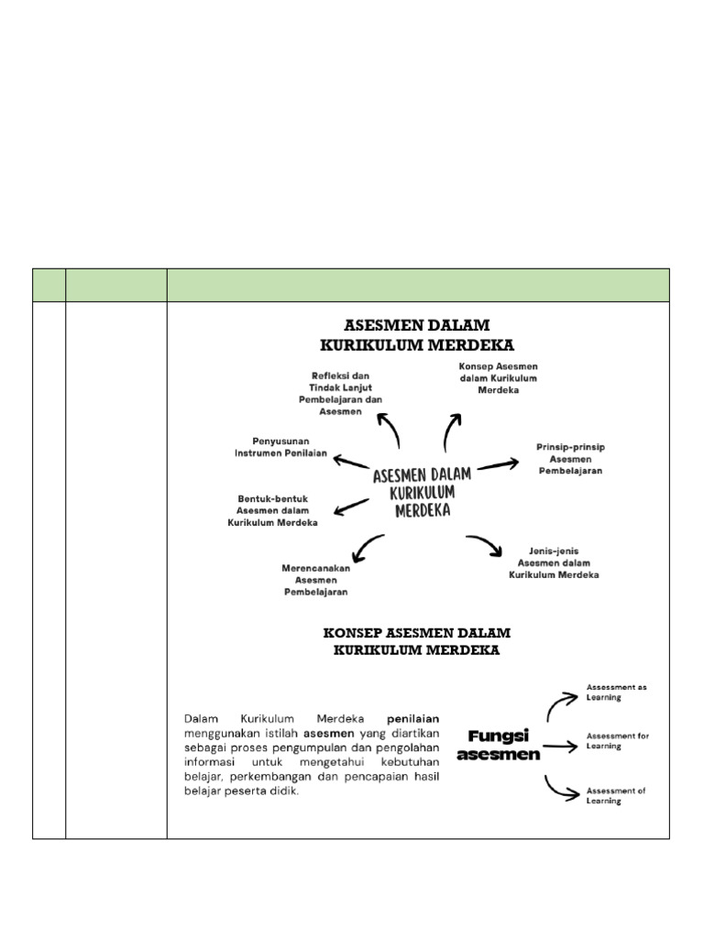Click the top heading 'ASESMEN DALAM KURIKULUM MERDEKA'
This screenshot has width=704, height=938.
pos(417,335)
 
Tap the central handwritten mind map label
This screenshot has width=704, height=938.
pos(422,492)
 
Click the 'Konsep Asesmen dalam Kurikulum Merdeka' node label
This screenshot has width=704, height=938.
pos(498,378)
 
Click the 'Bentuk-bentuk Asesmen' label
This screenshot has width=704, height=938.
pos(273,510)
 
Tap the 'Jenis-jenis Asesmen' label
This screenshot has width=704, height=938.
pos(554,562)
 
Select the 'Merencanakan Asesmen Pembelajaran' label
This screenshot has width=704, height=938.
pos(316,580)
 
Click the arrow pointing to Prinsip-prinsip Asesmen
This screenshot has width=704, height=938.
pos(497,464)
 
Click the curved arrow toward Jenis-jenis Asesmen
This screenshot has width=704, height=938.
pos(485,546)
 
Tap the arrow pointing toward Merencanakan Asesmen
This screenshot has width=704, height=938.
pos(368,546)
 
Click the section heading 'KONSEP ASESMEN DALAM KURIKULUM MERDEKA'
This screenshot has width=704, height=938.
pos(417,641)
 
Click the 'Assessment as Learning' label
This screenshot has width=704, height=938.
pos(616,692)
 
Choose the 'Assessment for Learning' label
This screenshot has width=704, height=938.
pos(617,740)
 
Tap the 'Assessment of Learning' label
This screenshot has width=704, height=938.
pos(616,795)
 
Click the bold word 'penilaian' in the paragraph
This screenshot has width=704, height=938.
pos(412,718)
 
